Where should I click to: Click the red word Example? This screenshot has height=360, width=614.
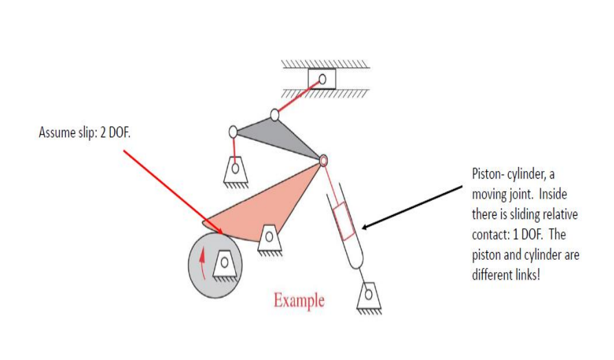pos(299,300)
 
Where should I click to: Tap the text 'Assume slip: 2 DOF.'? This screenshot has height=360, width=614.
pos(85,133)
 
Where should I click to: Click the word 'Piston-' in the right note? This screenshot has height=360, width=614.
pos(488,173)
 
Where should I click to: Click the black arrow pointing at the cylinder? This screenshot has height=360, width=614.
pos(413,207)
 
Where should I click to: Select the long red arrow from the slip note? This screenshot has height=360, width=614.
pos(173,192)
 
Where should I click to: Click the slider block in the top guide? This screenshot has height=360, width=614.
pos(322,78)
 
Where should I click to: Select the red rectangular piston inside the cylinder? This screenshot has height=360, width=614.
pos(344,221)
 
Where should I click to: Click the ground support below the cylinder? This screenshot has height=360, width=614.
pos(369,297)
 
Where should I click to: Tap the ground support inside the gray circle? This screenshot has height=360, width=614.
pos(225,265)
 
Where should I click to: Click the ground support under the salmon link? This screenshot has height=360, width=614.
pos(269,240)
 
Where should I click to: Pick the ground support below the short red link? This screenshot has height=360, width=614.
pos(235,171)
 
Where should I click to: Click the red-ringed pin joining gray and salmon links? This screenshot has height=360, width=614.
pos(323,161)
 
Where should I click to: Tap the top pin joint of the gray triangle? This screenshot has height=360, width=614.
pos(275,115)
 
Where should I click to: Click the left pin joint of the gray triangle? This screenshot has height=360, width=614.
pos(233,132)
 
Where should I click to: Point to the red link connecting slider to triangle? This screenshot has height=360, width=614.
pos(298,97)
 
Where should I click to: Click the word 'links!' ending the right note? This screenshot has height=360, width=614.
pos(527,275)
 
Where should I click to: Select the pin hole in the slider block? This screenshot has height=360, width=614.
pos(322,80)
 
